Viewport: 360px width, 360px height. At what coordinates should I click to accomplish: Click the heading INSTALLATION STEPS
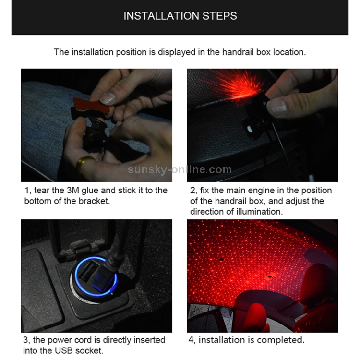click(x=180, y=16)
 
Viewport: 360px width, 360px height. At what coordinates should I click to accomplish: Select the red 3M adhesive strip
click(x=91, y=105)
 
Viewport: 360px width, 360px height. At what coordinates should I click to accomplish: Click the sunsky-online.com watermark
click(x=180, y=169)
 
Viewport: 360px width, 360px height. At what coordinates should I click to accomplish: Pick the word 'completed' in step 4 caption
click(x=282, y=340)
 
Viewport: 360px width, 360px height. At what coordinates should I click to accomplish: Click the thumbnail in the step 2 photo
click(x=277, y=107)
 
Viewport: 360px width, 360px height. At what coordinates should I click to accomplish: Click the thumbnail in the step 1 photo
click(x=108, y=98)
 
